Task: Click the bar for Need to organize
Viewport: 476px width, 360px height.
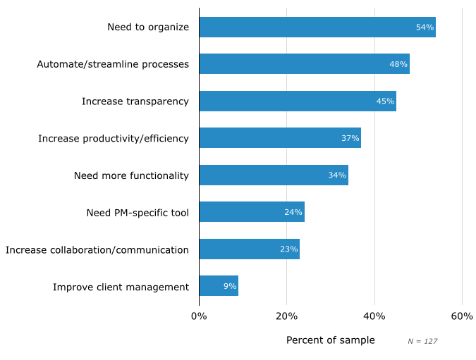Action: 317,27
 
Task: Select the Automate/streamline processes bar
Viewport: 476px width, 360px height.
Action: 304,64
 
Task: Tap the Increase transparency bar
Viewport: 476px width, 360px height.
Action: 297,101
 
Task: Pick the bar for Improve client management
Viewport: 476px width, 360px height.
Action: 219,286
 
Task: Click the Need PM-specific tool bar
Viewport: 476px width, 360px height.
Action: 251,212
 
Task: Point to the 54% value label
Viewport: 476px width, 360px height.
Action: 425,27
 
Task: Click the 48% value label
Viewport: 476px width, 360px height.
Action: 398,64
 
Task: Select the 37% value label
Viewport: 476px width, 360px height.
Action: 350,138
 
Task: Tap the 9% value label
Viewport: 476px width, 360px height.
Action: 230,286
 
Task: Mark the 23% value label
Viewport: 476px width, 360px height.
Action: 288,249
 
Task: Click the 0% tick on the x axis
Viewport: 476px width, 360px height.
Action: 199,316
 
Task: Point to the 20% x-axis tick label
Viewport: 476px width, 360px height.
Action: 286,316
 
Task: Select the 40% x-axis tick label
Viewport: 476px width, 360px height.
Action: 374,316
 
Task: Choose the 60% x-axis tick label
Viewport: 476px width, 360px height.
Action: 462,316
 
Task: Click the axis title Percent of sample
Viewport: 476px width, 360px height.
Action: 330,340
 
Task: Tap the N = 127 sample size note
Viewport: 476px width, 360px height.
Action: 422,342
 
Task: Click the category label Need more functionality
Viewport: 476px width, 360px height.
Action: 131,175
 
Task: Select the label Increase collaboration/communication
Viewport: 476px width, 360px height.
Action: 97,249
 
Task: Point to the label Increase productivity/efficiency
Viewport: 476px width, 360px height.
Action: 114,138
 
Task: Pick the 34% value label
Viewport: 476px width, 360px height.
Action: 337,175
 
